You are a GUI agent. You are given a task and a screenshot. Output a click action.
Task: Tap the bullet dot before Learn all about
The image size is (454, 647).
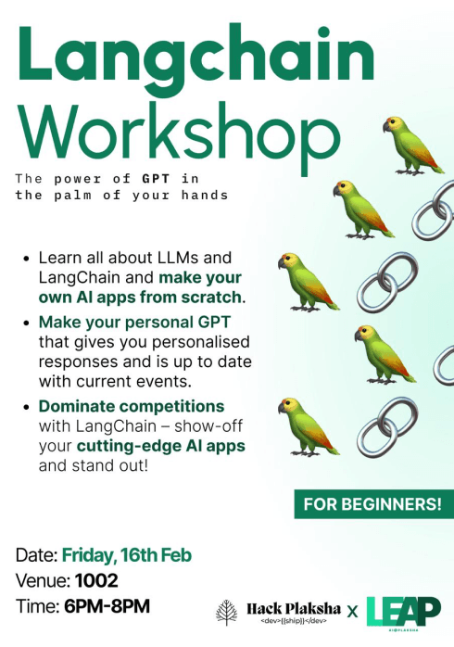(27, 257)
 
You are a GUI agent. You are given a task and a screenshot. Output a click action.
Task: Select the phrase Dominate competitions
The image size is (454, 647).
(132, 405)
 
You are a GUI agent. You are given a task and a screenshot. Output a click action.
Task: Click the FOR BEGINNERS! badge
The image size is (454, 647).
(373, 506)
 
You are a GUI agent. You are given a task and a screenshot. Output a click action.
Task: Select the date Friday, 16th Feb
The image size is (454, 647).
(127, 556)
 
